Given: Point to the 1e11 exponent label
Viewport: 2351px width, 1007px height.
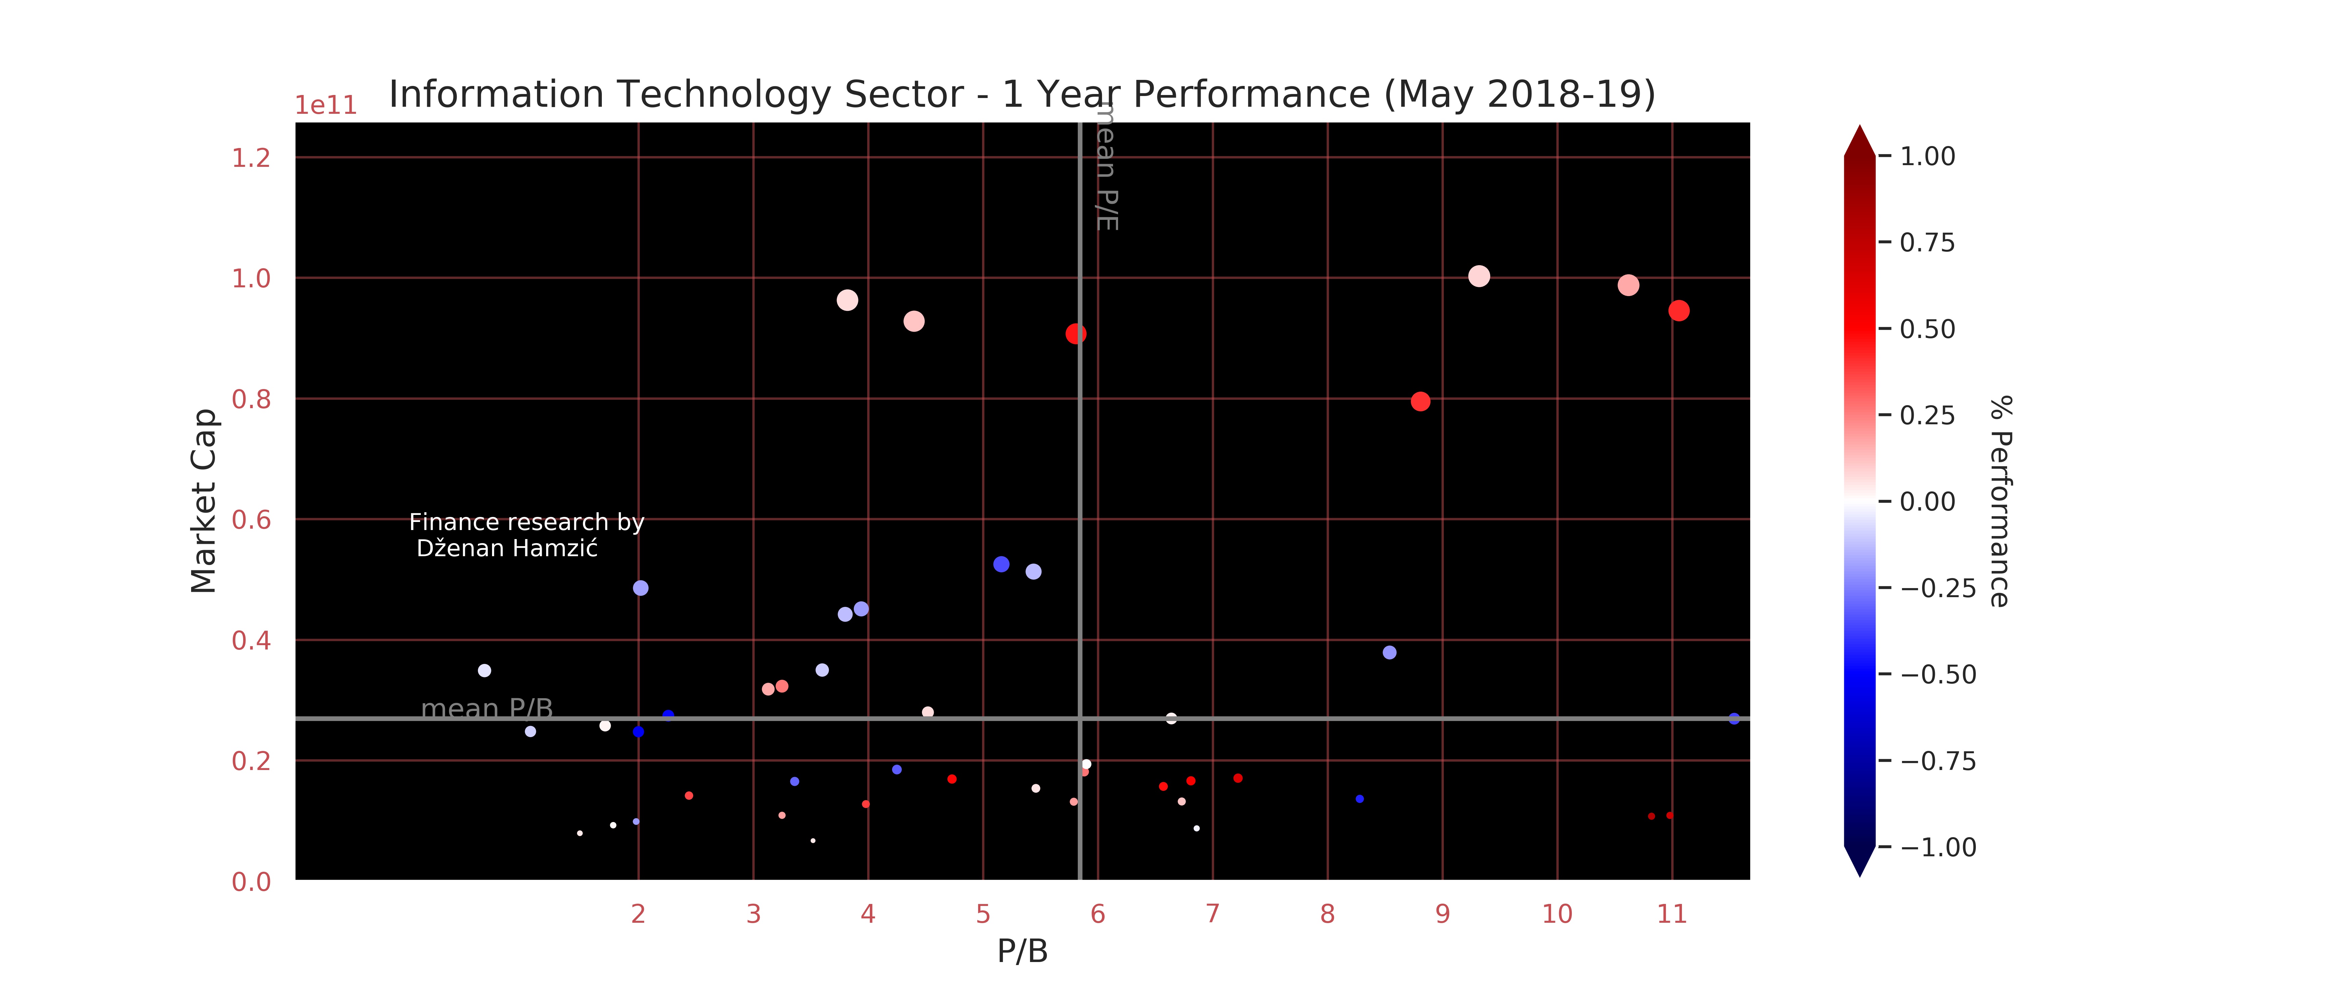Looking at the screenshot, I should tap(326, 106).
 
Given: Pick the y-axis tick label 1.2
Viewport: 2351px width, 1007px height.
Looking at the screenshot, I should tap(251, 158).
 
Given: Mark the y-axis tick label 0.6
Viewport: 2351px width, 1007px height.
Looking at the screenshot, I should tap(251, 520).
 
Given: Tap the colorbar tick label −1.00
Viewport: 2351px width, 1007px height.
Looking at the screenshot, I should tap(1938, 847).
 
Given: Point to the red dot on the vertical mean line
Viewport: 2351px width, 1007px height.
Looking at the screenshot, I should tap(1076, 334).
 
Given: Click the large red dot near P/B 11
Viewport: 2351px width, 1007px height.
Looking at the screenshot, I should tap(1678, 311).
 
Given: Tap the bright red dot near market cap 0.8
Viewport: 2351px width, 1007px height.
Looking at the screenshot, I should tap(1420, 401).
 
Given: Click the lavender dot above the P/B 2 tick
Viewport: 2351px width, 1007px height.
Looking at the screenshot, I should tap(641, 588).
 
